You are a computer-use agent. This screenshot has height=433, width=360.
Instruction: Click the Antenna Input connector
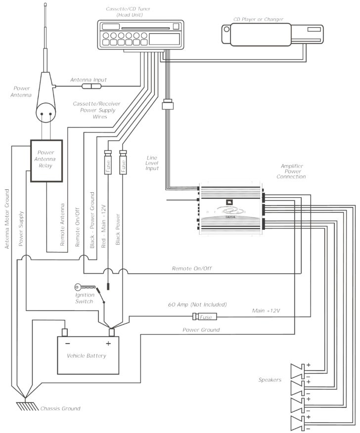click(92, 87)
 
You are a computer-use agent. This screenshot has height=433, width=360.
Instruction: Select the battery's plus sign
click(108, 343)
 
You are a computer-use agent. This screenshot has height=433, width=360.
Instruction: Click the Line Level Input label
click(152, 163)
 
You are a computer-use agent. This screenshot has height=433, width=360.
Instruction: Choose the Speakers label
click(270, 380)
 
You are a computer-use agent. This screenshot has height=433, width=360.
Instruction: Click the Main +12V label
click(266, 311)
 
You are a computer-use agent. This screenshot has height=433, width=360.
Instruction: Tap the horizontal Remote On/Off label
click(192, 268)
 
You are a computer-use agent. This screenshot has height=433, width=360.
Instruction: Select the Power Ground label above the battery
click(201, 330)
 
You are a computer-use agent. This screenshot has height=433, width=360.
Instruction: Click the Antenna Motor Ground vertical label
click(8, 218)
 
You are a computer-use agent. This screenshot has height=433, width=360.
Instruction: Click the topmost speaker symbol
click(299, 370)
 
